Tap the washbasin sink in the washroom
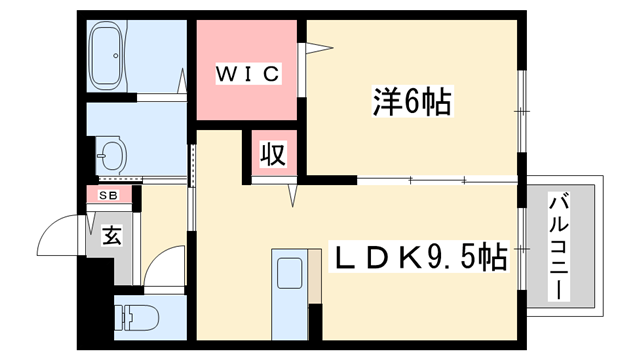click(x=112, y=156)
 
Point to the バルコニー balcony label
click(x=561, y=245)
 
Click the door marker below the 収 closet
click(x=293, y=194)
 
